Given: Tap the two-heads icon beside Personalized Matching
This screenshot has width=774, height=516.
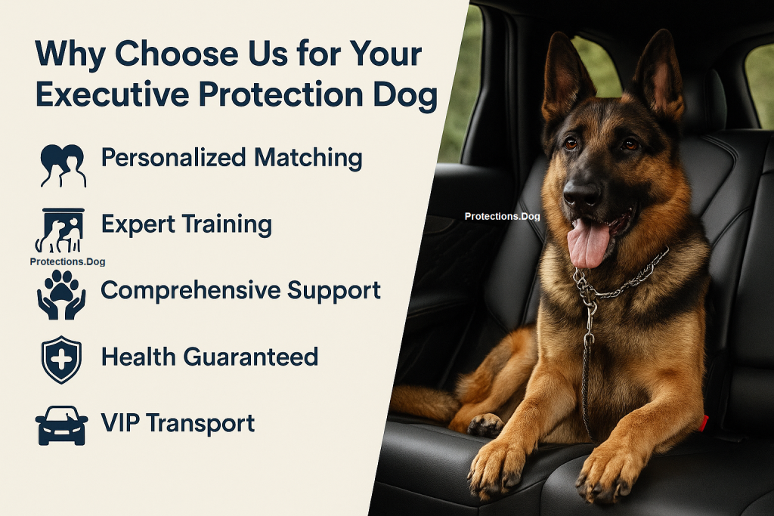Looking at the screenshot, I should point(61,164).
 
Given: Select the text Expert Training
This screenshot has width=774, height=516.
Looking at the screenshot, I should point(186,224).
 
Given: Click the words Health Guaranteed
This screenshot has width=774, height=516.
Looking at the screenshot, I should point(209,357).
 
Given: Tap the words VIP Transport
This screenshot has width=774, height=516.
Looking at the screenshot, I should point(178,423).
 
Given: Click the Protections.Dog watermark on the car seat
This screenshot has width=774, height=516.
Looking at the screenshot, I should point(502,217).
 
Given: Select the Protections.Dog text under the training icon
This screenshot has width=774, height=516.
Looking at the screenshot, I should point(67,262).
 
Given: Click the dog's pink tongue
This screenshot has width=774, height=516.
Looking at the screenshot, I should point(588,243).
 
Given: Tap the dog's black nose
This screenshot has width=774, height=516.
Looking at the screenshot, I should point(582,193).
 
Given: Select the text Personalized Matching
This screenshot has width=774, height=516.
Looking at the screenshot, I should point(231,159).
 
